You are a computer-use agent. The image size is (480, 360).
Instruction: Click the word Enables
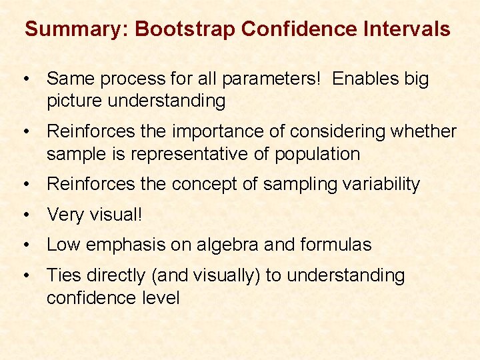click(365, 79)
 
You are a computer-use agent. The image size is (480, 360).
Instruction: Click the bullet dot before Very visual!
click(25, 215)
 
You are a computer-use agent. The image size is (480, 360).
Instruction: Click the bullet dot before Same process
click(25, 79)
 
